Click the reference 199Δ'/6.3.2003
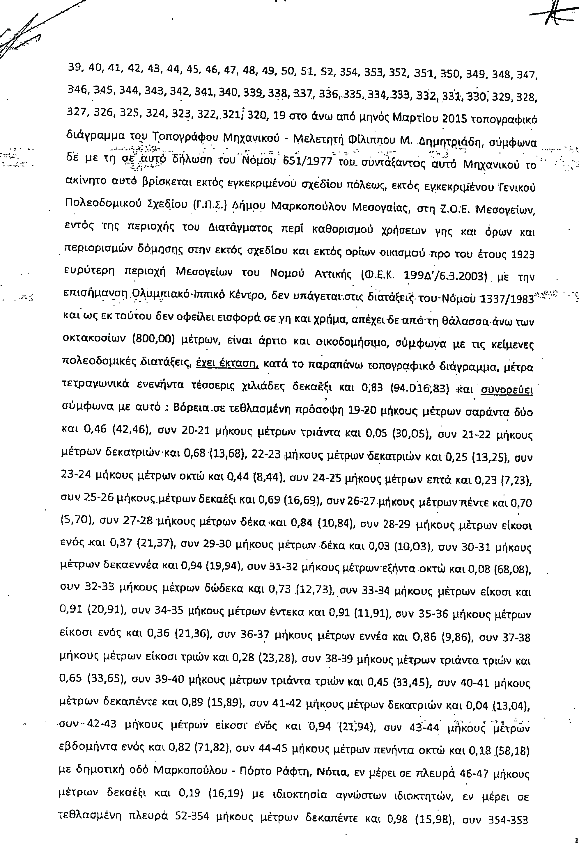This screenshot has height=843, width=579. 445,277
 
